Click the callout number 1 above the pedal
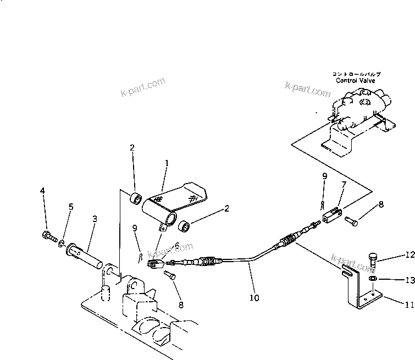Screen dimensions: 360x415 click(167, 163)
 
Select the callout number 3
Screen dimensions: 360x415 click(95, 218)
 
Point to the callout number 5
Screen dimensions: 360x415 click(70, 207)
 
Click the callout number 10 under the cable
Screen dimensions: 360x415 click(254, 298)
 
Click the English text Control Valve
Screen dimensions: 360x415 click(356, 80)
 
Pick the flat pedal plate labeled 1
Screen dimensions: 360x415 click(176, 198)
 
